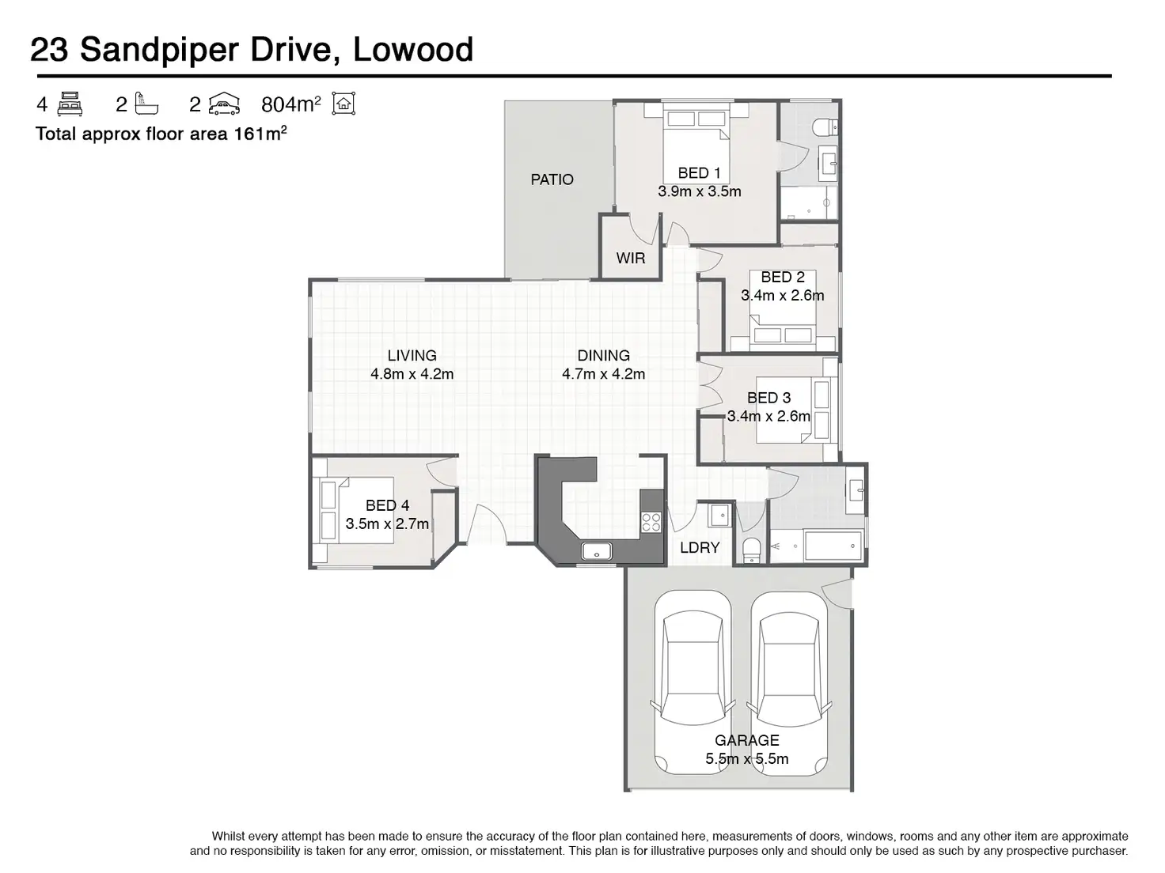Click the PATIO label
552,180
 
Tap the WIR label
631,258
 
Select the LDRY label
700,547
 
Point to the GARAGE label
746,740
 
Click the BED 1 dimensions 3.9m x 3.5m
699,191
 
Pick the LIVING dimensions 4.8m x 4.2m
412,374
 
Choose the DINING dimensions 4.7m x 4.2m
603,374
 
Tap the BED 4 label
387,505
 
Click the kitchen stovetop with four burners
651,522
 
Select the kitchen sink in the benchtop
597,551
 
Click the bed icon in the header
70,104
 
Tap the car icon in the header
225,104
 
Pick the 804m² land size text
290,104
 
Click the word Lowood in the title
412,50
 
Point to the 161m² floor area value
259,133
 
